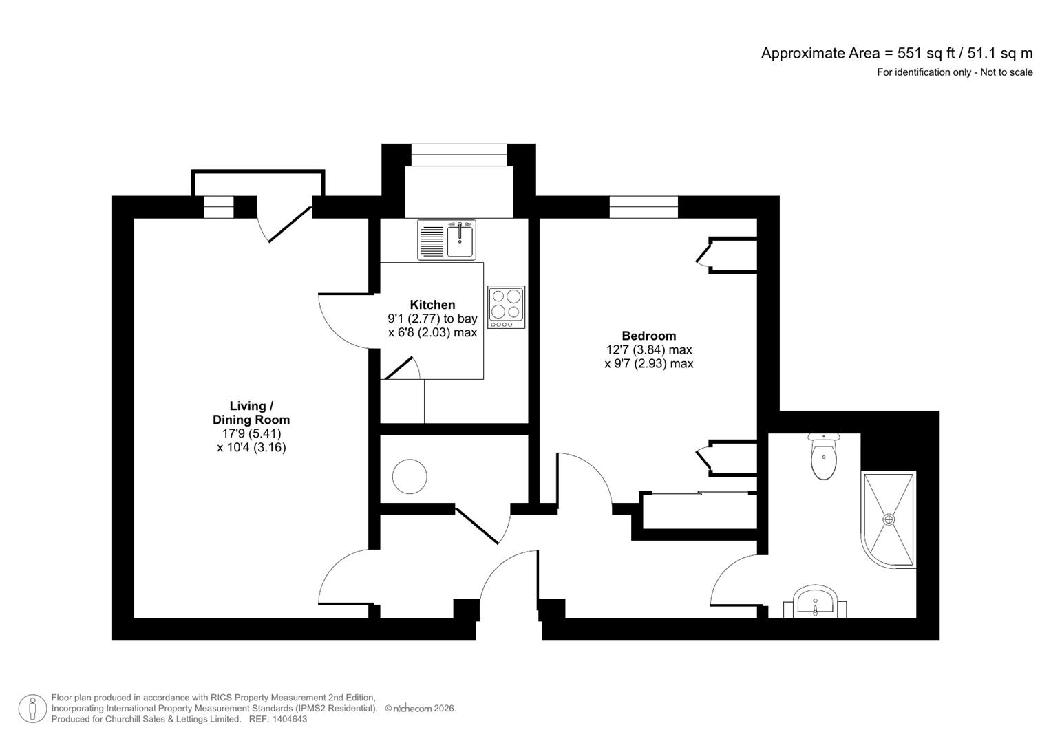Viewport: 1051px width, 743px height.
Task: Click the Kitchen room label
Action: pos(432,304)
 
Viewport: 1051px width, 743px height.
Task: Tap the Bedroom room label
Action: pos(649,336)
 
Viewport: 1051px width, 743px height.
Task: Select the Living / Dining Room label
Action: pos(251,413)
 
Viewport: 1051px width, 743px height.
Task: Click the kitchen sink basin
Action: pos(460,240)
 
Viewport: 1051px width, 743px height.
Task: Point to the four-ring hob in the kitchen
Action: pos(506,308)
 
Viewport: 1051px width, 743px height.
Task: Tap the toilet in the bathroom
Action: pos(824,456)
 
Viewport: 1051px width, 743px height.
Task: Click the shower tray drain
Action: pos(889,519)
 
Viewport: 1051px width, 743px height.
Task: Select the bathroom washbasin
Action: pos(815,601)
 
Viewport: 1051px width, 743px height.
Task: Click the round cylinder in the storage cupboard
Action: pos(410,476)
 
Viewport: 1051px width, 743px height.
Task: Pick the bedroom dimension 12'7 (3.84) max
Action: pos(649,350)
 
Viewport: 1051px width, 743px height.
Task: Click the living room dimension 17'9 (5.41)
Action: pos(251,433)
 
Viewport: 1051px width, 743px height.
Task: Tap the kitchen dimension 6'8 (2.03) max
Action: pos(433,332)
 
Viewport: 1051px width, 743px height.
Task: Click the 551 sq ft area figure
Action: pos(926,54)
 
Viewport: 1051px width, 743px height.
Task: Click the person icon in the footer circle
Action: pos(32,709)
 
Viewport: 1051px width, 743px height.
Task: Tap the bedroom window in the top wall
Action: pos(644,207)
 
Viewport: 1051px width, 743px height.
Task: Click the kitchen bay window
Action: pos(459,155)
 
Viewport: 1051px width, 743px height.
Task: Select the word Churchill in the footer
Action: pos(125,719)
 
